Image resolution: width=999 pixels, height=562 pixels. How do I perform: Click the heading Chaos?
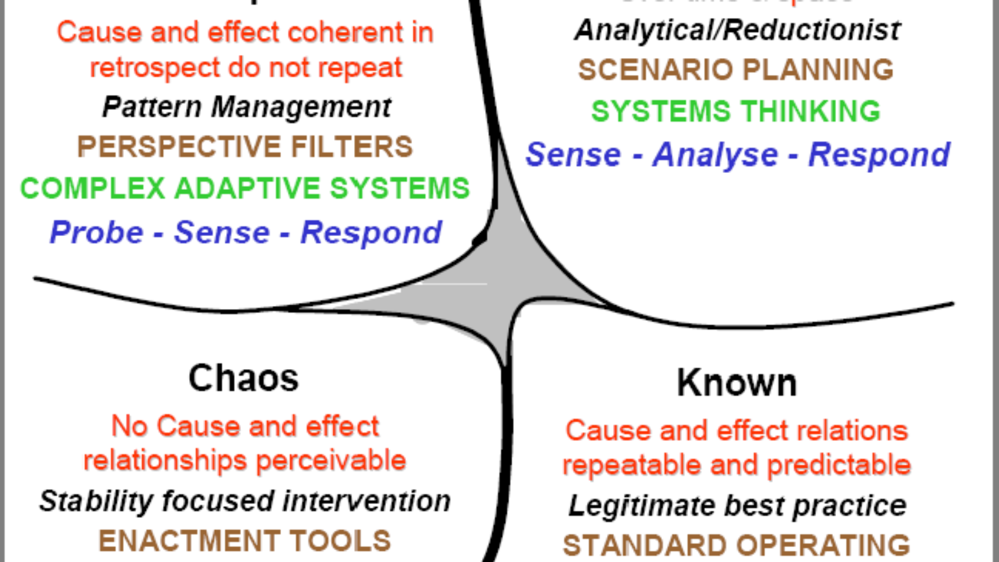[x=244, y=378]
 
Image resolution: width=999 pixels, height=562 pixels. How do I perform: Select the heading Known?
[x=737, y=382]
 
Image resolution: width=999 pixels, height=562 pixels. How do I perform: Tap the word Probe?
[x=97, y=233]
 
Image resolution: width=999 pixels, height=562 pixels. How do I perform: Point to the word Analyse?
[x=715, y=155]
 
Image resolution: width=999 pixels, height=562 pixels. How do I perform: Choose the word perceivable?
[x=331, y=461]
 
